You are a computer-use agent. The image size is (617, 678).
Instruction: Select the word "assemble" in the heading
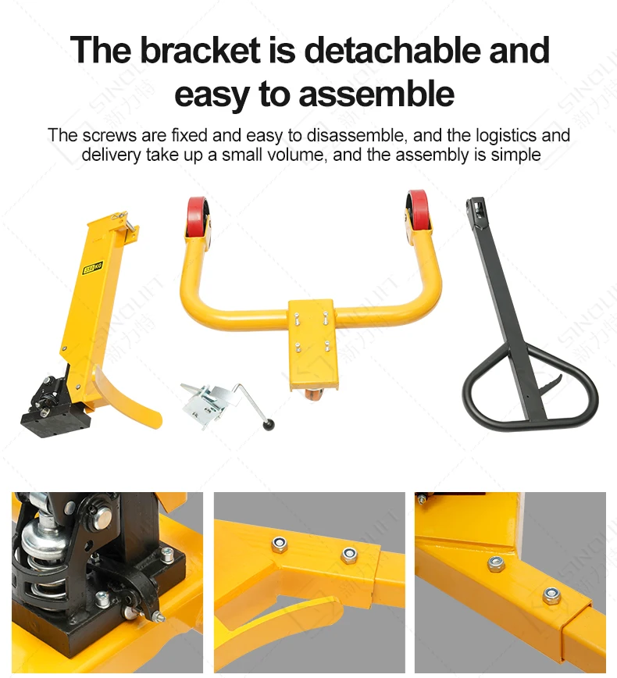pyautogui.click(x=376, y=94)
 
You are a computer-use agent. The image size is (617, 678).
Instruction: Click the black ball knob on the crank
pyautogui.click(x=270, y=426)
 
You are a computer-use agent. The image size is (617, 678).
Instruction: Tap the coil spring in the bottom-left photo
pyautogui.click(x=39, y=570)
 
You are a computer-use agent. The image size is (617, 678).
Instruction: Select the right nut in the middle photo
pyautogui.click(x=348, y=555)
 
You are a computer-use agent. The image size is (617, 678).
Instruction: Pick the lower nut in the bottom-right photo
pyautogui.click(x=551, y=596)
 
